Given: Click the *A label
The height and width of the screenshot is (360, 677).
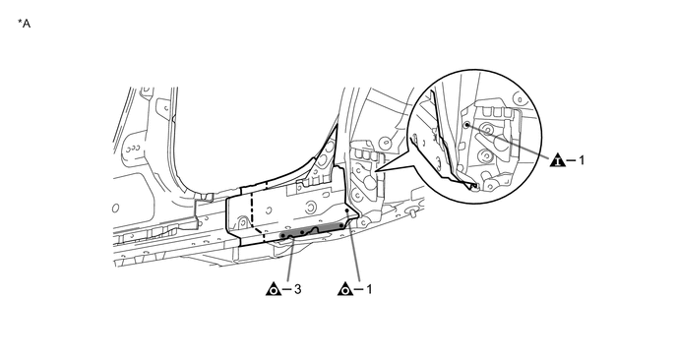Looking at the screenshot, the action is tap(25, 24).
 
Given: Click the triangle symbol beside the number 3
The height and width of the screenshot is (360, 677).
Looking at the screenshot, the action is tap(274, 289).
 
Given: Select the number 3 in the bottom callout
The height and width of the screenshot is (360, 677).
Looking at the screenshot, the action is tap(297, 289).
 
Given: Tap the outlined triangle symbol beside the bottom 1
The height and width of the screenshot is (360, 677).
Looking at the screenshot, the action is tap(345, 289).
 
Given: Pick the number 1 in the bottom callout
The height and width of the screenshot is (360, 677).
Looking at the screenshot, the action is tap(369, 289).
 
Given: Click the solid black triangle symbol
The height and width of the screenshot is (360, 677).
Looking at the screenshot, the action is tap(558, 159).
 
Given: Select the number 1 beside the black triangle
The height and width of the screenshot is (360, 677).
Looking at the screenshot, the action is tap(582, 160).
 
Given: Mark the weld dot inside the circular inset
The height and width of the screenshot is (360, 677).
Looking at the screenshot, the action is tap(466, 125).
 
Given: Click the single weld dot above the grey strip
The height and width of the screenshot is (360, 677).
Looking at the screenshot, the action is tap(347, 210).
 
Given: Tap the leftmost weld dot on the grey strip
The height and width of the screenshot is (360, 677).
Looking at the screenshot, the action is tap(282, 236).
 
